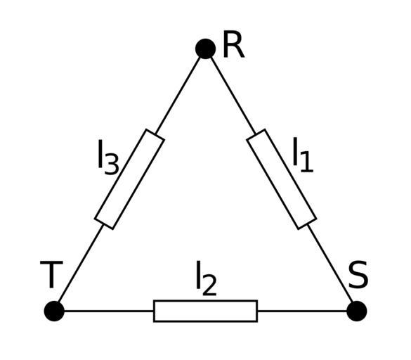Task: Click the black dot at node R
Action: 205,49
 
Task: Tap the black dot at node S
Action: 356,311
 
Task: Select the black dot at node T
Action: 54,311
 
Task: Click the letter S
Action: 358,274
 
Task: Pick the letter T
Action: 51,274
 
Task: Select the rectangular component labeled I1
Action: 282,179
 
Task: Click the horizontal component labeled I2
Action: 205,311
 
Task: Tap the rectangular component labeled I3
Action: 129,179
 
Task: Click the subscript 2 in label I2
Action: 209,285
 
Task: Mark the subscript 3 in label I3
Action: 112,165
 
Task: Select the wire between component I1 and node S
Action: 330,264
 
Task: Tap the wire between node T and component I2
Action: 109,311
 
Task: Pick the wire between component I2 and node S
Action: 302,311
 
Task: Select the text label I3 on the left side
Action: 108,157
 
